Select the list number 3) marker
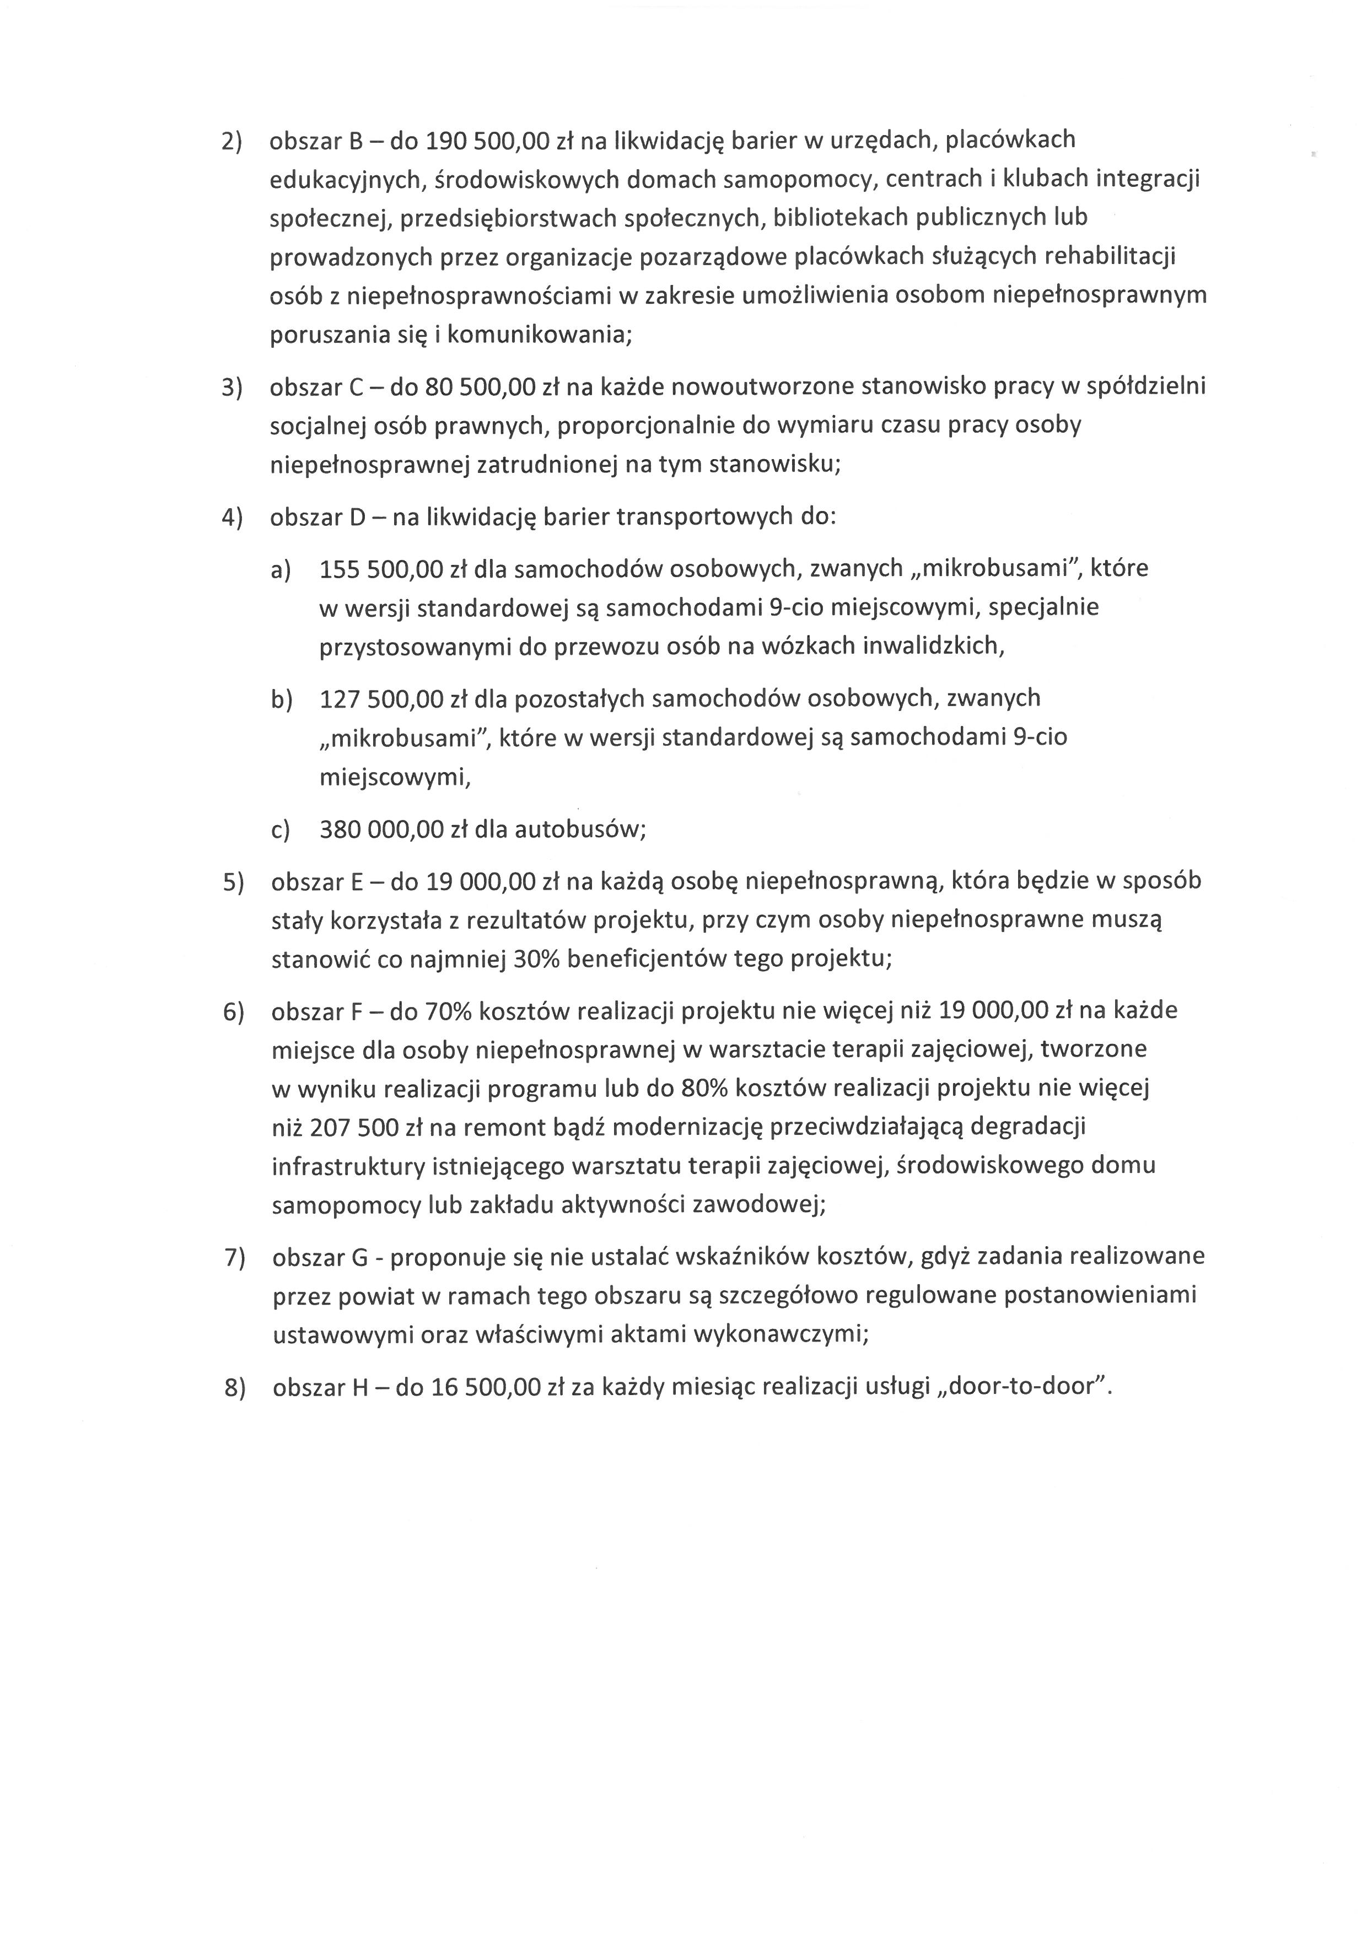[x=232, y=387]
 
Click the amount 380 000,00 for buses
[x=381, y=830]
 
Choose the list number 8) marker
[x=234, y=1387]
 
